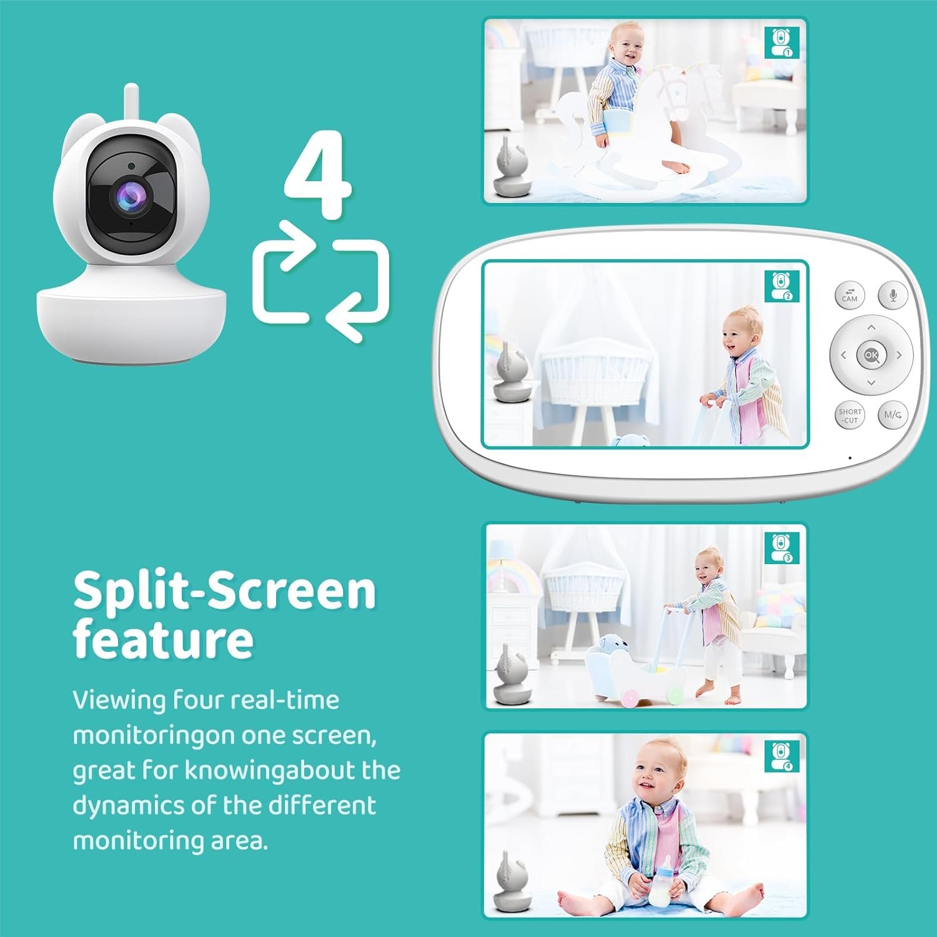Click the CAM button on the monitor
tap(850, 295)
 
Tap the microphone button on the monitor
tap(893, 295)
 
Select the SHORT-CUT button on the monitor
tap(850, 415)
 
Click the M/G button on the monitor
tap(893, 415)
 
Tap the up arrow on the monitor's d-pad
tap(871, 327)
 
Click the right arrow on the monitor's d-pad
tap(899, 355)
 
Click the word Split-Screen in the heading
tap(224, 591)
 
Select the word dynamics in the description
tap(127, 805)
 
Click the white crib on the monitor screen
tap(594, 381)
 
